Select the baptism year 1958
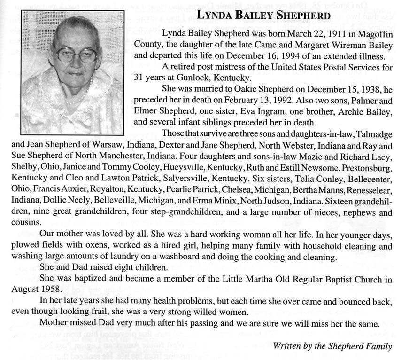51,289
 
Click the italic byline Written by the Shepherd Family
332,346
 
